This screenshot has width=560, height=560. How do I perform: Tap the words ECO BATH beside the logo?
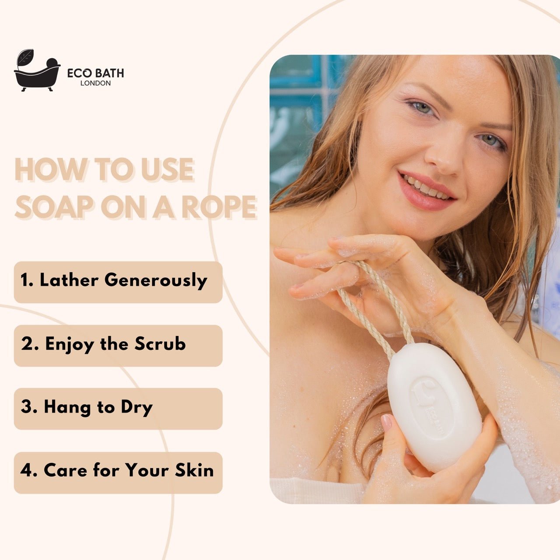click(95, 73)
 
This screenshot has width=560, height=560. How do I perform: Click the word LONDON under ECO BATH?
click(95, 83)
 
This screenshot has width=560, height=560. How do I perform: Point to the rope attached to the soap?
click(376, 306)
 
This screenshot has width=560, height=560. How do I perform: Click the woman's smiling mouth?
click(427, 190)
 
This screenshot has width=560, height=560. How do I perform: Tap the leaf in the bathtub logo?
click(24, 58)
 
